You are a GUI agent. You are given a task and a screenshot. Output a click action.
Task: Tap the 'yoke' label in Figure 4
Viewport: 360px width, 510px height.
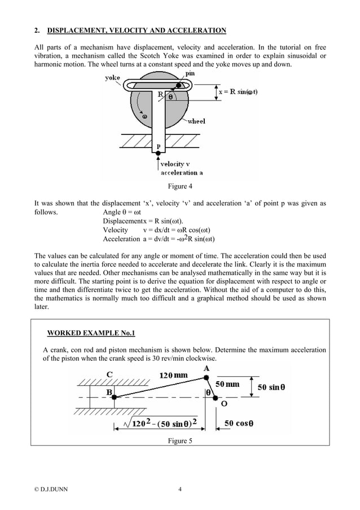112,79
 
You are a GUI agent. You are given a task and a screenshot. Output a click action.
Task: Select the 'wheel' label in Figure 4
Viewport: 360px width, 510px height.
196,121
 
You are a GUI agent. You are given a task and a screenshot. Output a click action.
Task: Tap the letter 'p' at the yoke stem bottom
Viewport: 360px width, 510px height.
159,146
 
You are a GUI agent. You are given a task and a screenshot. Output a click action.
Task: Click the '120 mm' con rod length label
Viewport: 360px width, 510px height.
173,375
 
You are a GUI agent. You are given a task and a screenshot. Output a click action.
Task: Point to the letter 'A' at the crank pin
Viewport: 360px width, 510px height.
206,369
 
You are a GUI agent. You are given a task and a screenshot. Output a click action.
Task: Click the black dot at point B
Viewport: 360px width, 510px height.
114,398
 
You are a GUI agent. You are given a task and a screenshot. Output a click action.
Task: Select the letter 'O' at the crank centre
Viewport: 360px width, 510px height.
224,404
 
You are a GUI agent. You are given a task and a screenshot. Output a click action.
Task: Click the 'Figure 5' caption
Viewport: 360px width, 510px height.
179,441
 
